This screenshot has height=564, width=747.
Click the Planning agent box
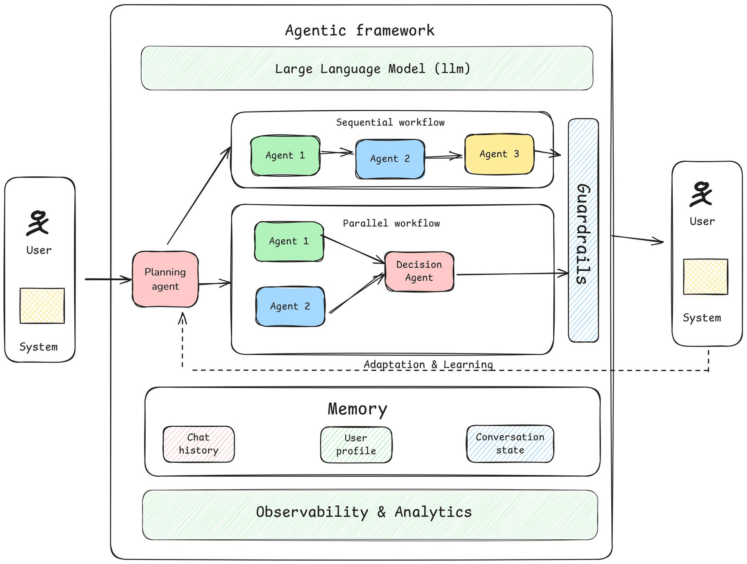point(165,279)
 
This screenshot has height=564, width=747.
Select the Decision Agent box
point(419,271)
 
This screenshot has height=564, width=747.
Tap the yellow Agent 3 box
point(499,154)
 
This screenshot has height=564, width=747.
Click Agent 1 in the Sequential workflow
point(286,155)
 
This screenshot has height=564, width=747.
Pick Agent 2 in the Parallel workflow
point(290,306)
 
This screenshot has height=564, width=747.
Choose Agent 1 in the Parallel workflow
point(289,241)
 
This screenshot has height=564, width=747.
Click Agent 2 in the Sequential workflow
point(390,159)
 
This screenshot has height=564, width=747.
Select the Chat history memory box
point(199,444)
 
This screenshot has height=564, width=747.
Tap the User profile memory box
point(356,445)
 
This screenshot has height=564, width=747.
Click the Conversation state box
point(510,444)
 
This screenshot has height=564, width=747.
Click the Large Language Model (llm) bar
point(367,69)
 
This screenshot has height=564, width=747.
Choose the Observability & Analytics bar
point(370,514)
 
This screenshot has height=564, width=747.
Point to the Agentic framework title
point(360,30)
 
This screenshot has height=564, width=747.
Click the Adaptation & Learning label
point(428,364)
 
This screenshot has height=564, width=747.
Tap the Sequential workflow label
point(390,122)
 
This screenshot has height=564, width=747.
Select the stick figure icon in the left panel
point(38,223)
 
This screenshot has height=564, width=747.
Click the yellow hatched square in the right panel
point(705,277)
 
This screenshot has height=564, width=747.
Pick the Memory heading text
point(357,409)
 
